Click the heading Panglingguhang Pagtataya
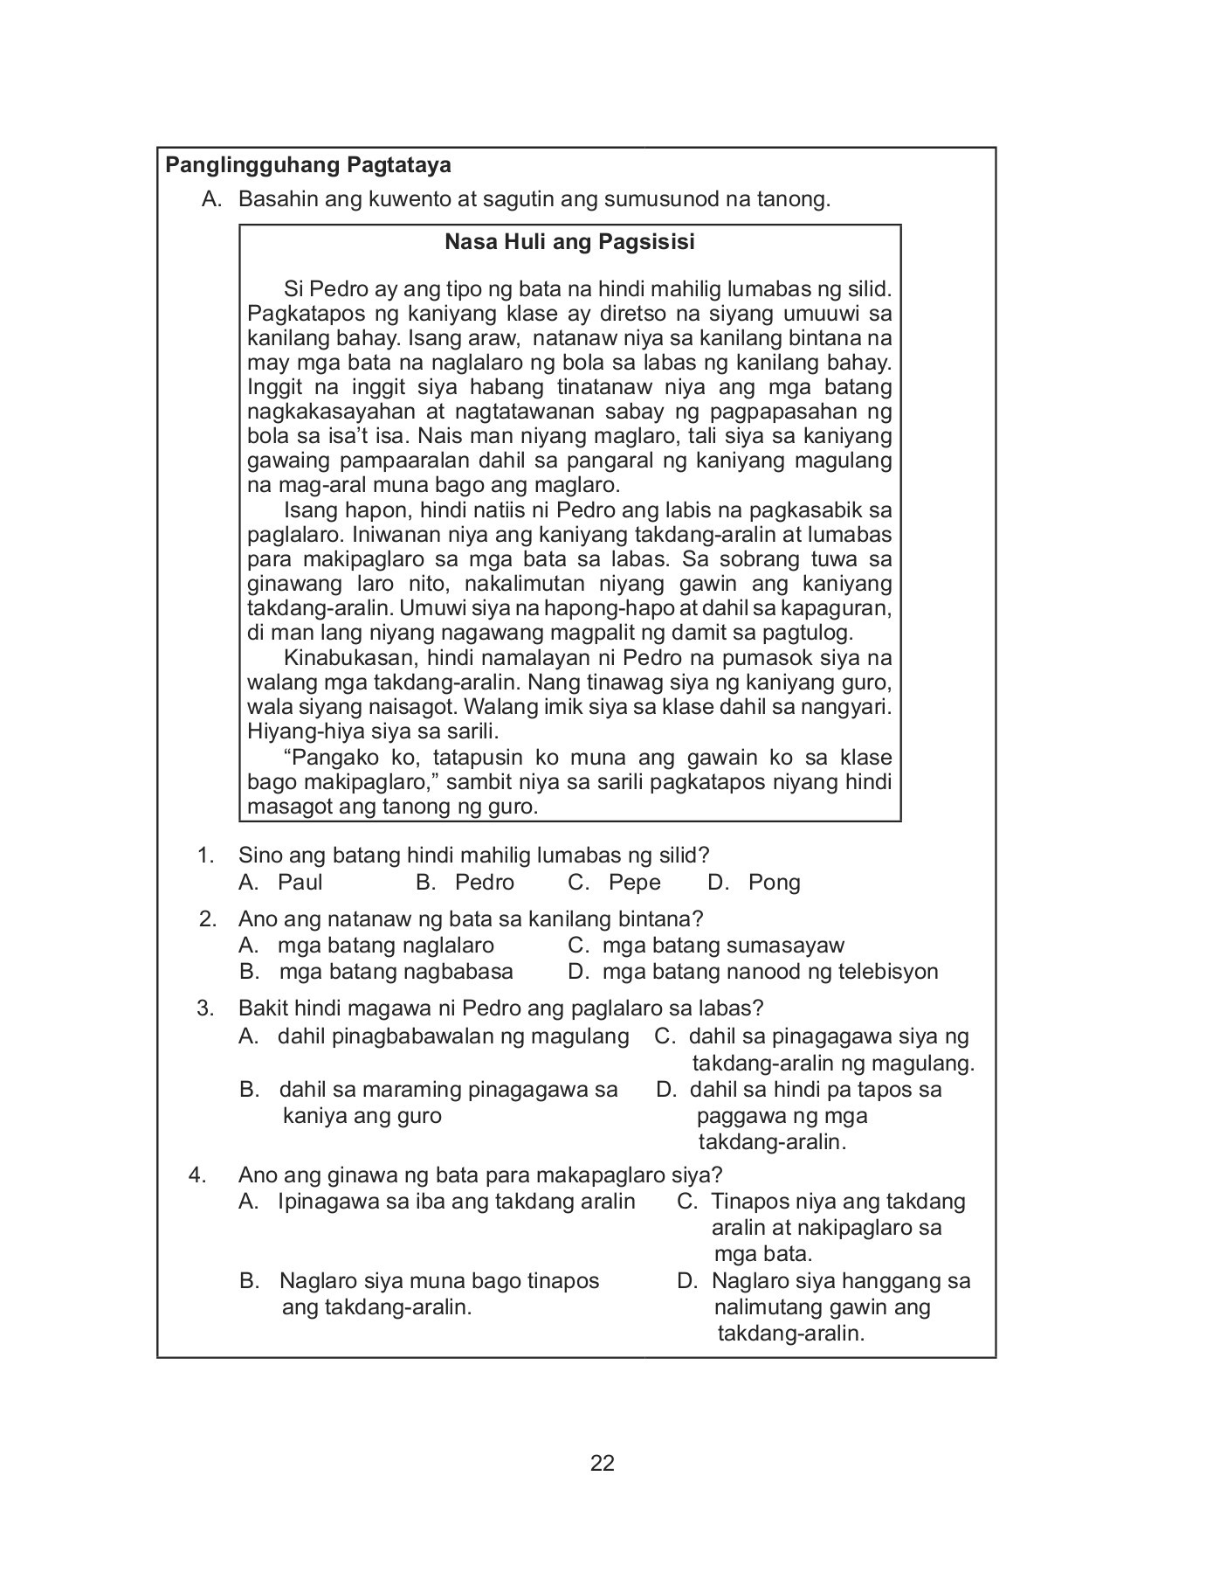[308, 164]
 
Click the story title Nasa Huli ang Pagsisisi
[569, 241]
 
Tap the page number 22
[603, 1463]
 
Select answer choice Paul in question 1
[300, 882]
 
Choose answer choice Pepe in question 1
[634, 882]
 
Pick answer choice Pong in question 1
[774, 882]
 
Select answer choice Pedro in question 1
[484, 882]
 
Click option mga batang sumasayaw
[723, 945]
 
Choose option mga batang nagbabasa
[396, 971]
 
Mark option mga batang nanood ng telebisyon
[769, 971]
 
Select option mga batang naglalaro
[385, 945]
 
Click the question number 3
[205, 1008]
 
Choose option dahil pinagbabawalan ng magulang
[452, 1036]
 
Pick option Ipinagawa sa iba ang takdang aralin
[456, 1201]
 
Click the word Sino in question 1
[259, 855]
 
